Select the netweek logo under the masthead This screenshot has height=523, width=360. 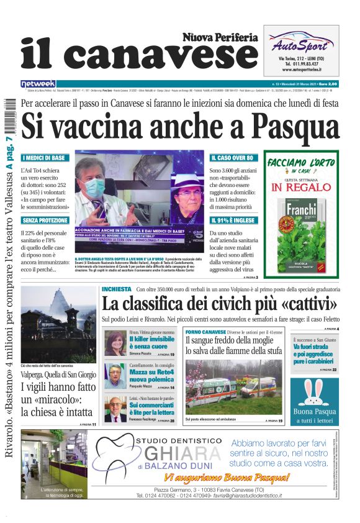[x=38, y=83]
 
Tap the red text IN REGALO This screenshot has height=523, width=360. [x=300, y=187]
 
